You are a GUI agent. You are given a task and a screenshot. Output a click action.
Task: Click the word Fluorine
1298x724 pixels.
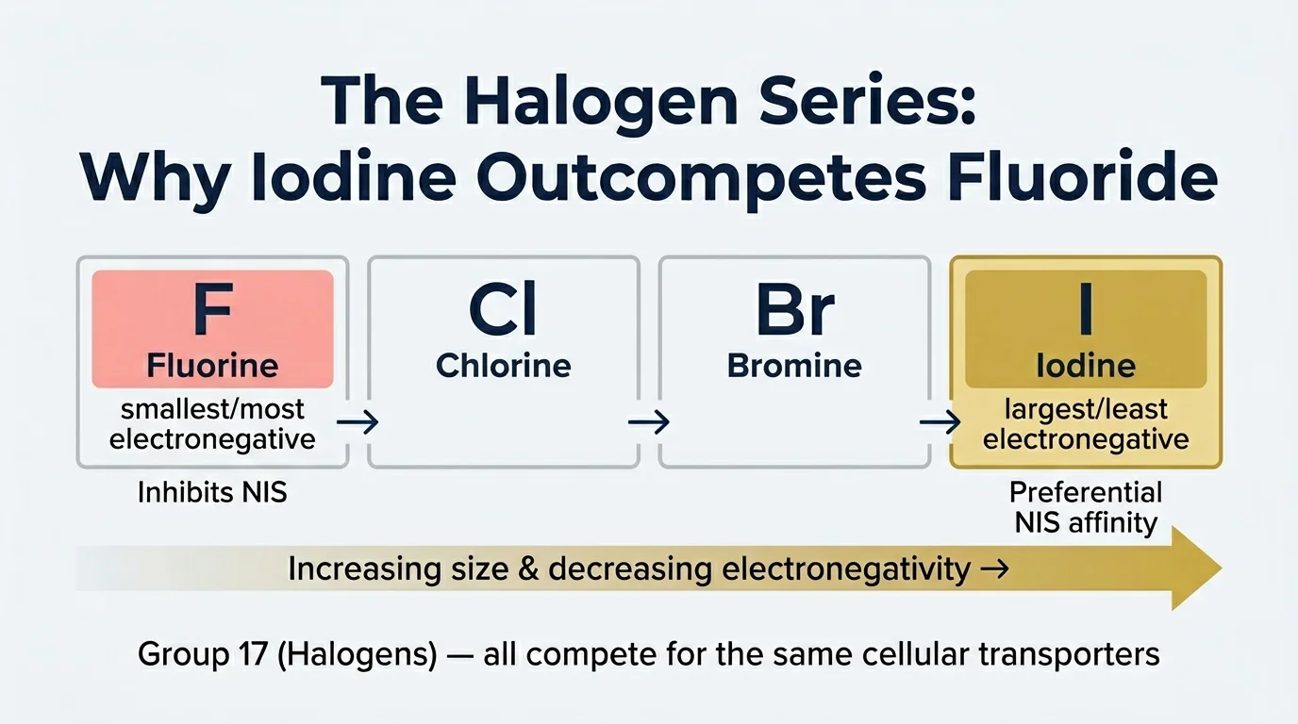(x=212, y=365)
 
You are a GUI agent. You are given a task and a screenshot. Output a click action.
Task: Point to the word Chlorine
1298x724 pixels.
(x=503, y=365)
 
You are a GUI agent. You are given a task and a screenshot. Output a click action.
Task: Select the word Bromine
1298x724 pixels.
(x=794, y=365)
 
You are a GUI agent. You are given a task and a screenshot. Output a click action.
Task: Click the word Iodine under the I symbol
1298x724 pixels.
(x=1086, y=366)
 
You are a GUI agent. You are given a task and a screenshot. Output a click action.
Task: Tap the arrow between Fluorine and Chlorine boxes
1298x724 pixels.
(x=358, y=421)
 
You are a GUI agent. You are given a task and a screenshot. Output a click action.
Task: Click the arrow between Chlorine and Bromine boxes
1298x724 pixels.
(x=649, y=421)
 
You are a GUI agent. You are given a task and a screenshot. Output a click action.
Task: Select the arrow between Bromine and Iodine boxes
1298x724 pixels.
(x=940, y=421)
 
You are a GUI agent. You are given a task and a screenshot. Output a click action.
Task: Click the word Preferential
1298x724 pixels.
(x=1086, y=492)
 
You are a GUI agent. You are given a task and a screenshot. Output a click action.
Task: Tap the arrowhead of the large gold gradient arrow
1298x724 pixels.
(x=1195, y=568)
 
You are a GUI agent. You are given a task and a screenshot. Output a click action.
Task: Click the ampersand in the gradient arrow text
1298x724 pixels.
(x=526, y=569)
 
